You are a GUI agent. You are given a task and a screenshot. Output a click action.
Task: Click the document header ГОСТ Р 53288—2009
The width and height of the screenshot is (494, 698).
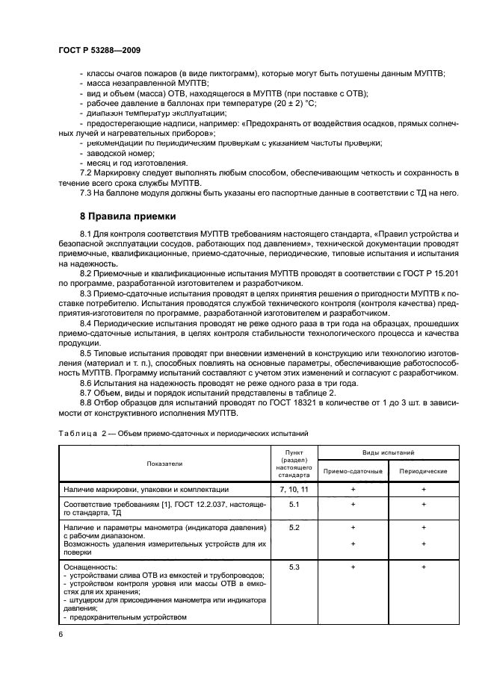coord(99,50)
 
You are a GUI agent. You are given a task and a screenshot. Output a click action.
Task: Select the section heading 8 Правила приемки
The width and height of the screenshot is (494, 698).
coord(127,216)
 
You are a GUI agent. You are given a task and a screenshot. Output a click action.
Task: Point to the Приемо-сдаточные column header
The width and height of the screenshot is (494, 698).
coord(353,471)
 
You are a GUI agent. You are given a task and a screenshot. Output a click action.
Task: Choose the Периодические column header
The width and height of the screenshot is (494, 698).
coord(423,471)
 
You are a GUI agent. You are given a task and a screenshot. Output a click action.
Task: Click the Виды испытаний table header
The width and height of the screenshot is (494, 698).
coord(388,452)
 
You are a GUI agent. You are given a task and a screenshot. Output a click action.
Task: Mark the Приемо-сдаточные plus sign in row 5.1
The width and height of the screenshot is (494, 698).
coord(353,505)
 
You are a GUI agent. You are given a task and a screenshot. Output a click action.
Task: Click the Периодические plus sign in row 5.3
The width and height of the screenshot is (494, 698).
coord(423,568)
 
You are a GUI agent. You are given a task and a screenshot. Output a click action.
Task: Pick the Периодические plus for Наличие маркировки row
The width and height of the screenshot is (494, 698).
coord(423,489)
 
